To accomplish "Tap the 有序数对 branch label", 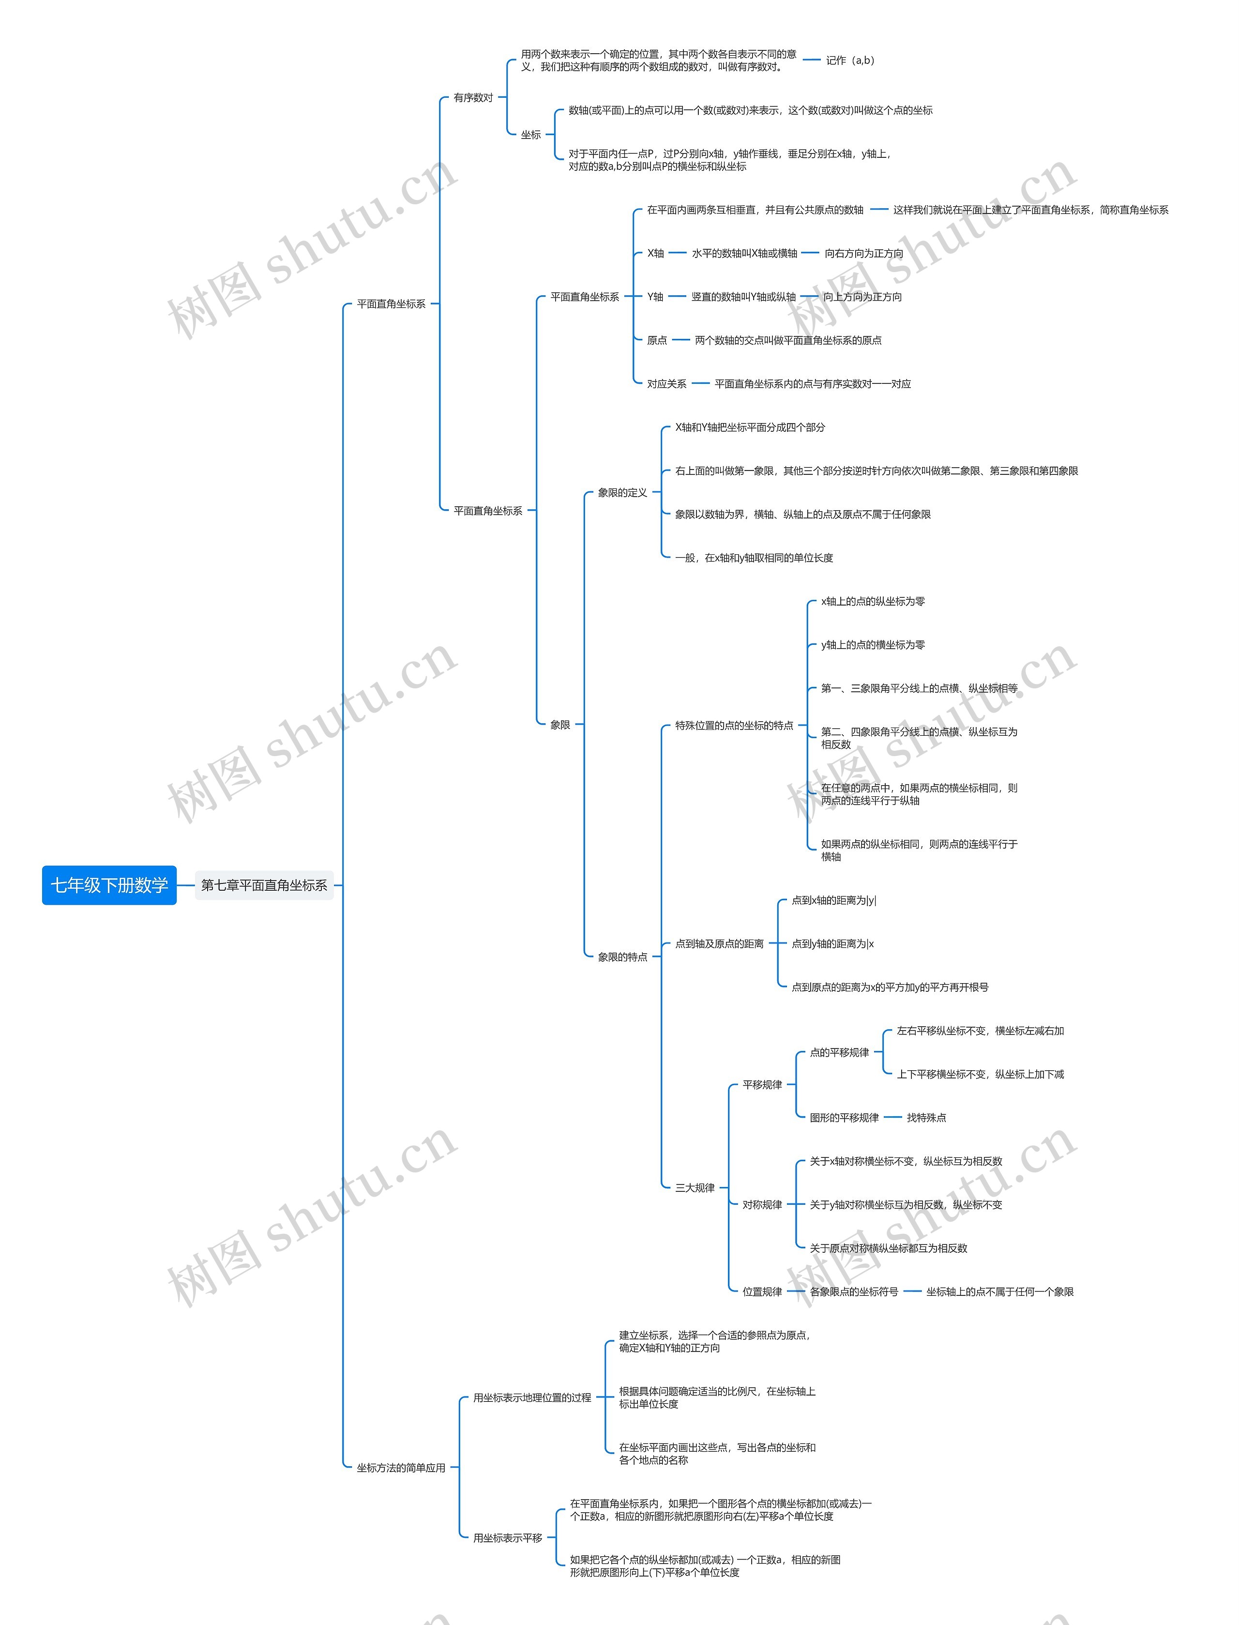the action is pos(473,97).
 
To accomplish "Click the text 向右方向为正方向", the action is pos(863,253).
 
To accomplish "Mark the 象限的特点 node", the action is pos(622,957).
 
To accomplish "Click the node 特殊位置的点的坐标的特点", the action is pos(734,725).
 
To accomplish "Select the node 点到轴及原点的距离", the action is pos(719,943).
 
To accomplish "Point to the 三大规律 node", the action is pos(695,1187).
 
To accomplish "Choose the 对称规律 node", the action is pos(762,1204).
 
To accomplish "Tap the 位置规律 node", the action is pos(762,1291).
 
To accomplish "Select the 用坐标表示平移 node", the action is pos(507,1538).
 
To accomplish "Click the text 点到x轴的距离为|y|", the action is pos(833,900).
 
